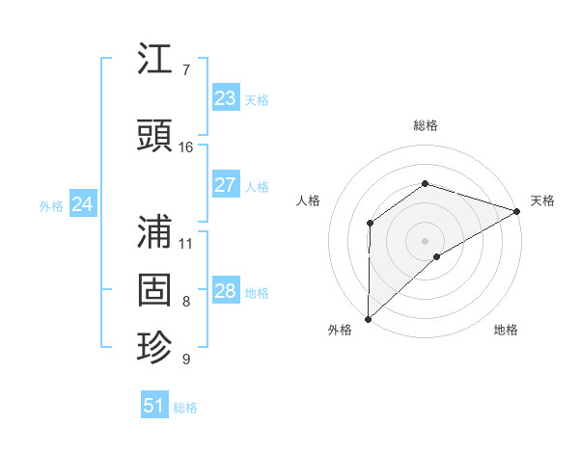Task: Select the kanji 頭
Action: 155,137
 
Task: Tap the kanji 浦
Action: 155,231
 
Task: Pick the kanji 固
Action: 155,290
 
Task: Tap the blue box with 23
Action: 225,98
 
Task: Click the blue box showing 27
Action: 225,185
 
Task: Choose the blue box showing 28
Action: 225,291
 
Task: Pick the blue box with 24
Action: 83,204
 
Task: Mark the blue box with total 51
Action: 153,406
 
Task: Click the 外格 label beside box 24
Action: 51,205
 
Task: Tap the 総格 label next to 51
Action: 185,408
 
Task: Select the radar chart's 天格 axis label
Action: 542,200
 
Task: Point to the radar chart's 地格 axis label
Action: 506,330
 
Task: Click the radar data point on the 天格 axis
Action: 516,210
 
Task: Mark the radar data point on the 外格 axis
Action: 368,318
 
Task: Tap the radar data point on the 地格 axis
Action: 437,256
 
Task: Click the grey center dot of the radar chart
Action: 425,239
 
